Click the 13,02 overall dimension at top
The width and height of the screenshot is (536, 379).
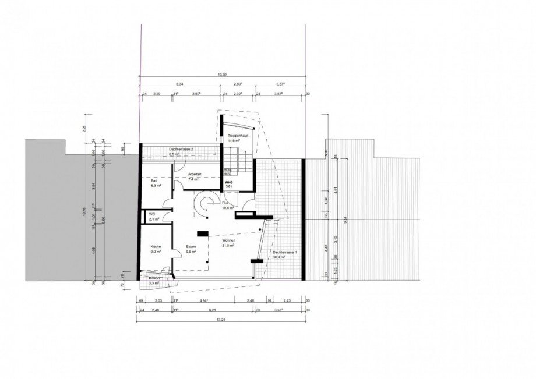(x=222, y=75)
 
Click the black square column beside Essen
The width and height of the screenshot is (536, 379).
(x=202, y=234)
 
